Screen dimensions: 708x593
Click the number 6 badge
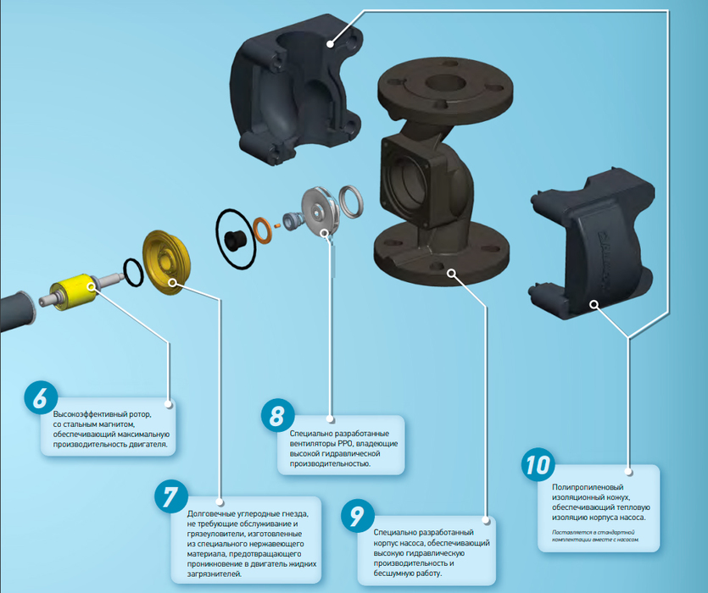[x=41, y=397]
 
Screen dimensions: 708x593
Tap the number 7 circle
[x=171, y=496]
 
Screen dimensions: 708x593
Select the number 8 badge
[x=278, y=415]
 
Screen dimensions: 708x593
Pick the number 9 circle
[x=358, y=515]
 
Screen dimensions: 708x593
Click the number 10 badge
[x=538, y=464]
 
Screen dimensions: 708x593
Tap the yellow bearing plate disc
[x=165, y=263]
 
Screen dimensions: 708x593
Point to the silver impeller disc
[x=320, y=211]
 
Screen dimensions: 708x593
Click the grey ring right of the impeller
[x=351, y=202]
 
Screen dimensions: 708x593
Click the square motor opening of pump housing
[x=408, y=182]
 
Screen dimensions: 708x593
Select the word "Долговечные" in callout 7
[x=209, y=513]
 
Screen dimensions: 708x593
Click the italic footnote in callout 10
[x=595, y=535]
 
